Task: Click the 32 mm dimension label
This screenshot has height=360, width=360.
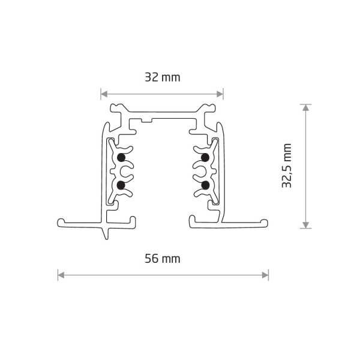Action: coord(162,77)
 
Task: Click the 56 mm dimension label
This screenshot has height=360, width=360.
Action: coord(162,259)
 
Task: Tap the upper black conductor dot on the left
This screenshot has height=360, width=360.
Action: coord(121,157)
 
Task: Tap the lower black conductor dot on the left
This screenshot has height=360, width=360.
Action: coord(121,184)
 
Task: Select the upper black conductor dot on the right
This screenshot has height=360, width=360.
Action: coord(205,157)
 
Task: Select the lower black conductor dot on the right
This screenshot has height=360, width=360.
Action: coord(205,184)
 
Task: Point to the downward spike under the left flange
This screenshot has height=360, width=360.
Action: coord(107,233)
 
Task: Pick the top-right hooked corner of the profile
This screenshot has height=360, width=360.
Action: coord(210,108)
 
